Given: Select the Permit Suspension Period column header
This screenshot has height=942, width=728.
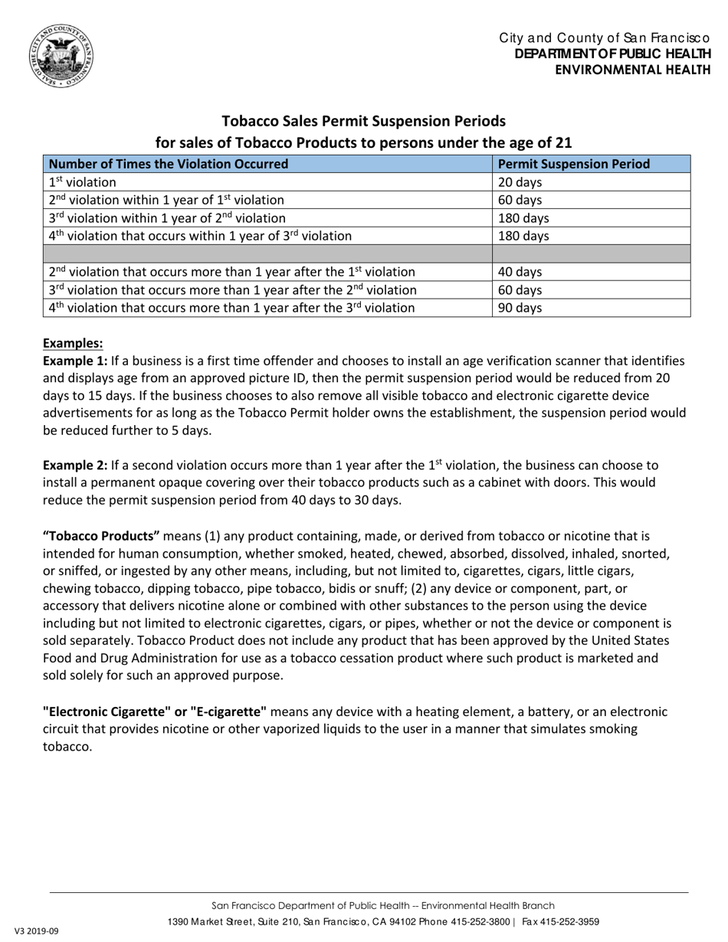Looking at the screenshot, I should pyautogui.click(x=574, y=164).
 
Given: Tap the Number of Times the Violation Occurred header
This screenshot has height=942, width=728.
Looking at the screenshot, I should pyautogui.click(x=169, y=164).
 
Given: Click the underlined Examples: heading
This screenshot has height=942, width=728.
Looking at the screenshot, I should pyautogui.click(x=73, y=343).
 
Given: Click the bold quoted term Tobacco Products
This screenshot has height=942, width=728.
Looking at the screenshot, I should pyautogui.click(x=101, y=535).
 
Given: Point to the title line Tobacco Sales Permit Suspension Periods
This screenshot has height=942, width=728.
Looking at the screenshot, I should pyautogui.click(x=363, y=121).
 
